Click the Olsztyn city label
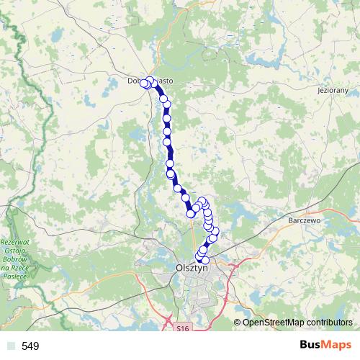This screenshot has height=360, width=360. coord(191,266)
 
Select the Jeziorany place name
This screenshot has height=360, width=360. coord(333,92)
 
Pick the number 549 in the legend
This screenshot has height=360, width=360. coord(30,346)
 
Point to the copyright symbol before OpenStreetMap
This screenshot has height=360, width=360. coord(238,323)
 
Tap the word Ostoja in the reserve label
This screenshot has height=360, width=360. coord(14,251)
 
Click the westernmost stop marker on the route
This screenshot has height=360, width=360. coord(143,84)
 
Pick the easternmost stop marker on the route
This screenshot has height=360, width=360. coord(215,231)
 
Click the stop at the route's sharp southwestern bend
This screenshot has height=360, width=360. coord(191,213)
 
